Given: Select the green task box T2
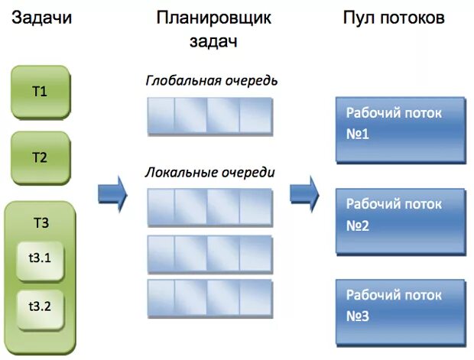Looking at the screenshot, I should click(x=40, y=158).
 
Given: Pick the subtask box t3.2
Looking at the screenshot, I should click(x=40, y=306).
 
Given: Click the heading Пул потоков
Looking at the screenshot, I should click(x=393, y=18).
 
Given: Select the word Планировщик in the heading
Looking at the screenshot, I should click(x=213, y=18).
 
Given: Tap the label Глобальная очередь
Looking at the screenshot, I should click(x=212, y=80).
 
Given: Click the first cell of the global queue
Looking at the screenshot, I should click(x=161, y=115).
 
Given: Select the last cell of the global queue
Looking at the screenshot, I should click(x=256, y=115).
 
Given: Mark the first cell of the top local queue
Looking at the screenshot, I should click(x=161, y=206).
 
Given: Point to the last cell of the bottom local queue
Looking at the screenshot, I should click(x=256, y=297).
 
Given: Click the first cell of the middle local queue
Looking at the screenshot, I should click(x=161, y=252).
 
